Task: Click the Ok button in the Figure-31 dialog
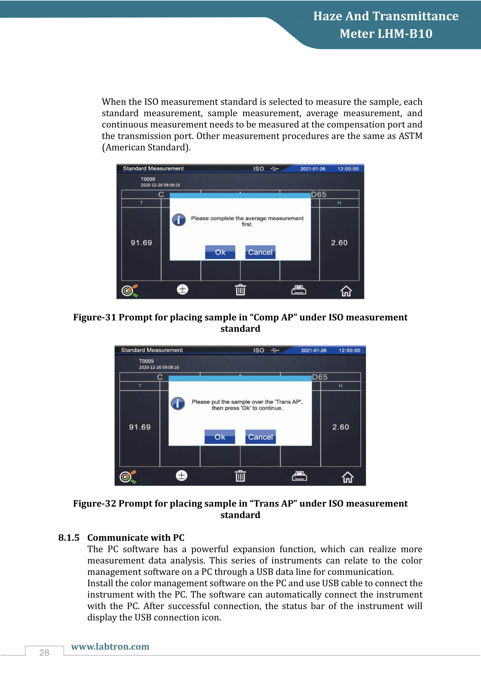click(x=220, y=252)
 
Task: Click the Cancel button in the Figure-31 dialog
click(x=260, y=252)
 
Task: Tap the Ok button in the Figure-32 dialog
click(x=220, y=437)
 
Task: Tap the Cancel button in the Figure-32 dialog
click(x=261, y=437)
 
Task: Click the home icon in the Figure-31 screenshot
click(x=346, y=291)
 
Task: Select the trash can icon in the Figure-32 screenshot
click(x=240, y=476)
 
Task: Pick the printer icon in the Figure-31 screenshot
click(x=299, y=290)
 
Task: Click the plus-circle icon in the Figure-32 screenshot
click(x=181, y=475)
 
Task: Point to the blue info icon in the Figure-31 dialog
click(x=179, y=220)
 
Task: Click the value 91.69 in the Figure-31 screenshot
click(x=141, y=243)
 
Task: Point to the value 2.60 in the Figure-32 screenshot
click(x=341, y=427)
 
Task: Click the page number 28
click(x=44, y=652)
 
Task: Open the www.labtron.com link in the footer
click(x=110, y=646)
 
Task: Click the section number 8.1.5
click(x=69, y=537)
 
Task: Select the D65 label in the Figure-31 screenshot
click(x=319, y=194)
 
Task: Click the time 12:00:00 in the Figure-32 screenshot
click(x=350, y=350)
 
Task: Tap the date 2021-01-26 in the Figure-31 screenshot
click(x=313, y=169)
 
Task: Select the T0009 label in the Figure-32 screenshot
click(x=146, y=361)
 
